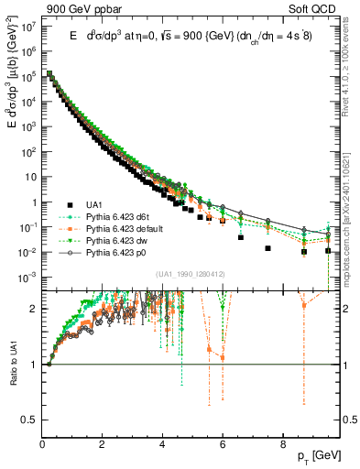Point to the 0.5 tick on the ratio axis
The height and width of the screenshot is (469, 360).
29,419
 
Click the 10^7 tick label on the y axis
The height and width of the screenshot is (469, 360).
27,27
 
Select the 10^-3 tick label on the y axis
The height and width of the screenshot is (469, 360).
27,277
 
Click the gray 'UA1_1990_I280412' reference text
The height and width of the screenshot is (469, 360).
190,274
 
